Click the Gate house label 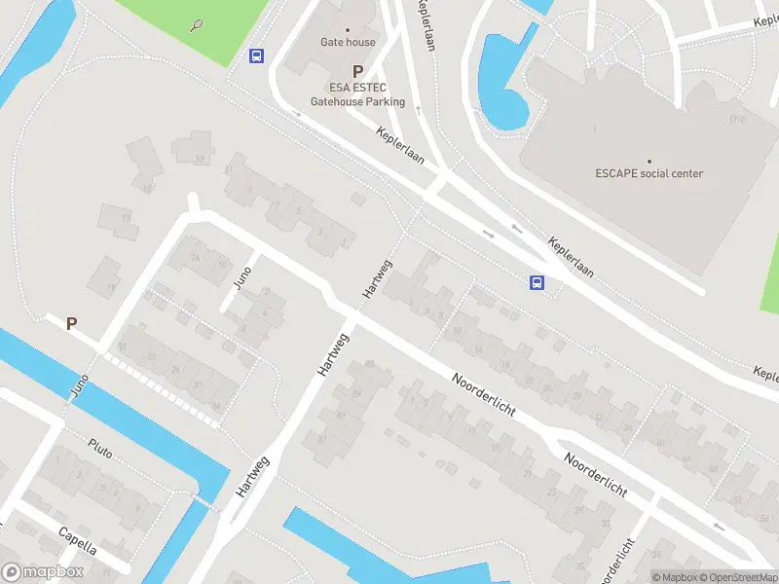(349, 42)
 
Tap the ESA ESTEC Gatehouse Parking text (357, 94)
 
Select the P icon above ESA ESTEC (357, 71)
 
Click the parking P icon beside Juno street (71, 324)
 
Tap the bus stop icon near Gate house (257, 55)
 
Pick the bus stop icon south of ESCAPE (536, 283)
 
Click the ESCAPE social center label (649, 174)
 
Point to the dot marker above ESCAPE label (649, 161)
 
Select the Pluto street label (100, 448)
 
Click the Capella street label (77, 534)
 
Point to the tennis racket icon (198, 24)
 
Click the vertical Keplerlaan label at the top (427, 23)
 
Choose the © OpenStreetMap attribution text (738, 577)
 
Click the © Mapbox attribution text (675, 577)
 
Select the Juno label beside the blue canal (81, 385)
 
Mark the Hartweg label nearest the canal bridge (250, 476)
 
